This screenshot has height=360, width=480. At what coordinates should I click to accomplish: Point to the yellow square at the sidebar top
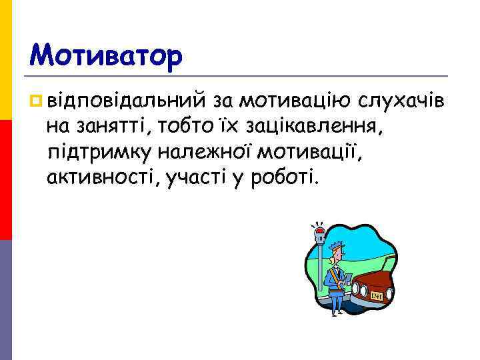pyautogui.click(x=6, y=60)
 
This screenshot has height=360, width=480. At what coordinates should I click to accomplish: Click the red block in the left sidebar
pyautogui.click(x=6, y=180)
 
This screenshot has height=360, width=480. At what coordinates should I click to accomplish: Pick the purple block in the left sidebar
pyautogui.click(x=6, y=300)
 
